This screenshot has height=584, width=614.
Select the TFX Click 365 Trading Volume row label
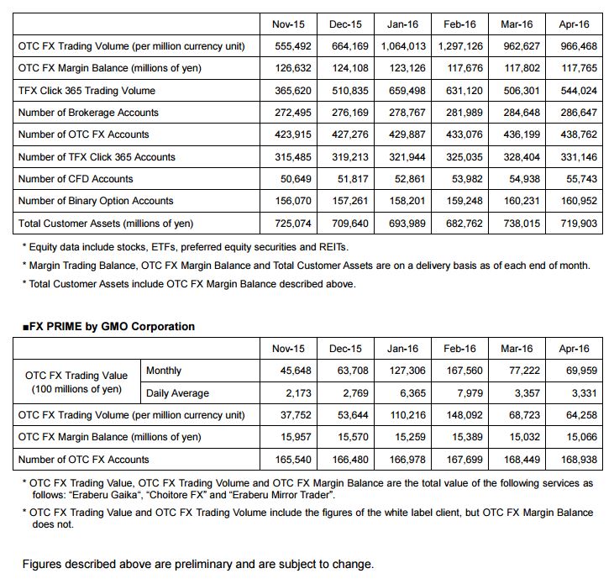(87, 90)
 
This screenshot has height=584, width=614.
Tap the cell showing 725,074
(288, 223)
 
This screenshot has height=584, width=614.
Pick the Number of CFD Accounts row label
(76, 179)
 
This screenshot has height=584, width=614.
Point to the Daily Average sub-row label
(177, 392)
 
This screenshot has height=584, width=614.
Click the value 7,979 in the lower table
(466, 392)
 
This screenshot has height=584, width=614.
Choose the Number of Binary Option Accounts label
(96, 201)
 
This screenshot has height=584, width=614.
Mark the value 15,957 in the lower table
(291, 437)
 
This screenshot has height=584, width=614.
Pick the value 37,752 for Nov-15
(291, 414)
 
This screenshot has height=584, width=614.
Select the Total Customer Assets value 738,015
(517, 223)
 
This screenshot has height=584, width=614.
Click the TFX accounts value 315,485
(288, 156)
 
